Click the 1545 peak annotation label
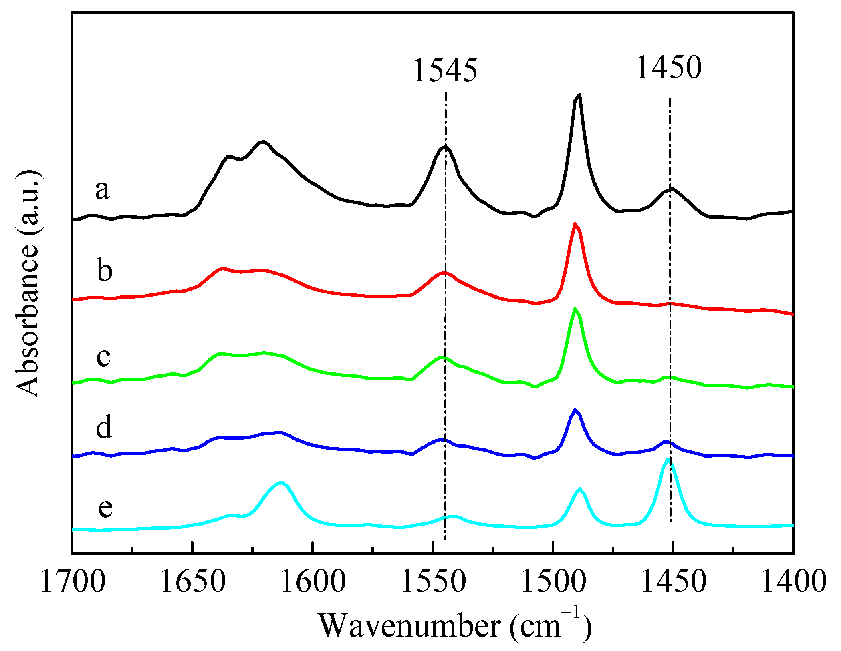pyautogui.click(x=445, y=70)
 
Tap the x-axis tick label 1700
pyautogui.click(x=73, y=582)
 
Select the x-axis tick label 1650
pyautogui.click(x=193, y=582)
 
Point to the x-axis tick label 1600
pyautogui.click(x=313, y=582)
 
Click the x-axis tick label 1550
pyautogui.click(x=433, y=582)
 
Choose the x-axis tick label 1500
pyautogui.click(x=553, y=582)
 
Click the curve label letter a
pyautogui.click(x=102, y=189)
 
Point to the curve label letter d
pyautogui.click(x=104, y=427)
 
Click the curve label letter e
pyautogui.click(x=105, y=508)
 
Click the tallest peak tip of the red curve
pyautogui.click(x=575, y=224)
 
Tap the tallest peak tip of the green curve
pyautogui.click(x=575, y=309)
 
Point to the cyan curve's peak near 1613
pyautogui.click(x=281, y=482)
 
